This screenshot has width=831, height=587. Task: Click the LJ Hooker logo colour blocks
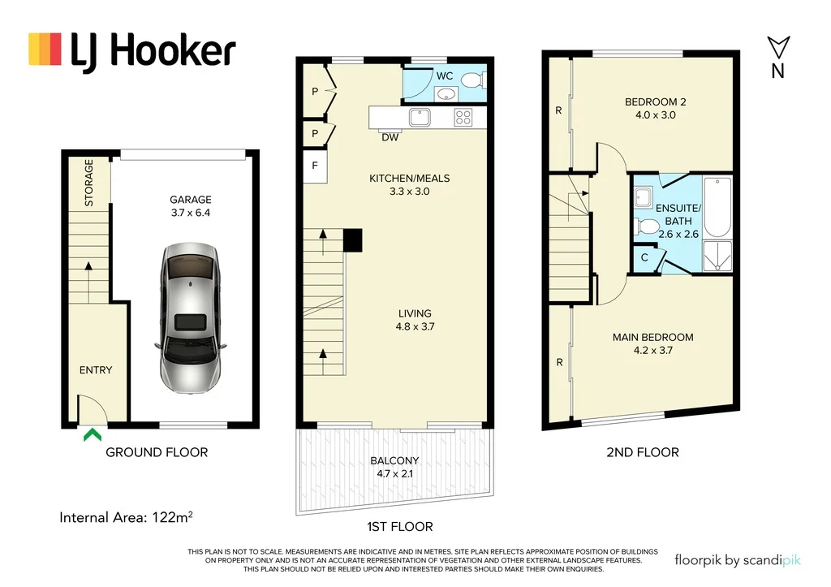point(45,49)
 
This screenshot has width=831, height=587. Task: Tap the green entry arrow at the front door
point(92,435)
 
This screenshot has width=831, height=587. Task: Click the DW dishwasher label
point(390,137)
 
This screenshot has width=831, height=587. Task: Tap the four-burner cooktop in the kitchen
point(463,118)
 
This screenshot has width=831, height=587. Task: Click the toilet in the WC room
point(471,80)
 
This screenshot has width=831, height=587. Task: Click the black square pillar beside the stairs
point(352,240)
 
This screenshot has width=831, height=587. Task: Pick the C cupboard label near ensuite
point(644,257)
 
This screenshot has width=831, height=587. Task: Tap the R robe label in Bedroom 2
point(558,110)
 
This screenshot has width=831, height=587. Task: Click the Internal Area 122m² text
point(126,516)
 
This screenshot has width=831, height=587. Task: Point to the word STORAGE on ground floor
point(89,182)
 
